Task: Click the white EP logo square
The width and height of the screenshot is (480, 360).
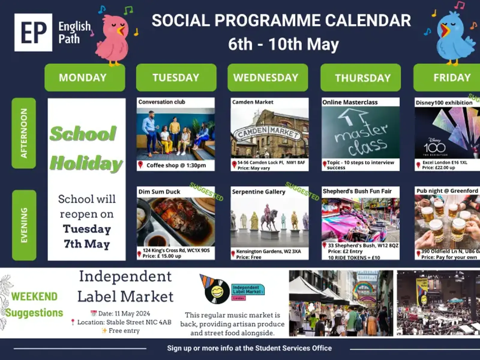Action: (33, 32)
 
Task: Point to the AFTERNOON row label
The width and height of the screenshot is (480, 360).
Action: (24, 133)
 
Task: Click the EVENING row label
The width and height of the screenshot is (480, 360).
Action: (24, 225)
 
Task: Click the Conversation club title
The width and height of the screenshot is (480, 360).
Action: (162, 102)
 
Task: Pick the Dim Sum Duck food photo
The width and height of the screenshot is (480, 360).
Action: (175, 222)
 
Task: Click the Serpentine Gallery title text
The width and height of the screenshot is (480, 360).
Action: (258, 192)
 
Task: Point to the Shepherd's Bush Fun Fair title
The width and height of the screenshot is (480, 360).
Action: (357, 191)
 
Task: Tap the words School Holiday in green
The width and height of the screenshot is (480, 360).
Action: (86, 148)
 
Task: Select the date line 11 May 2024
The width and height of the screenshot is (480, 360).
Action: (121, 313)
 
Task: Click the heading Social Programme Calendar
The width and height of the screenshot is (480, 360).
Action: (281, 21)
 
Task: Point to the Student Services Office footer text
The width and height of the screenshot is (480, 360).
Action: (249, 348)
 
